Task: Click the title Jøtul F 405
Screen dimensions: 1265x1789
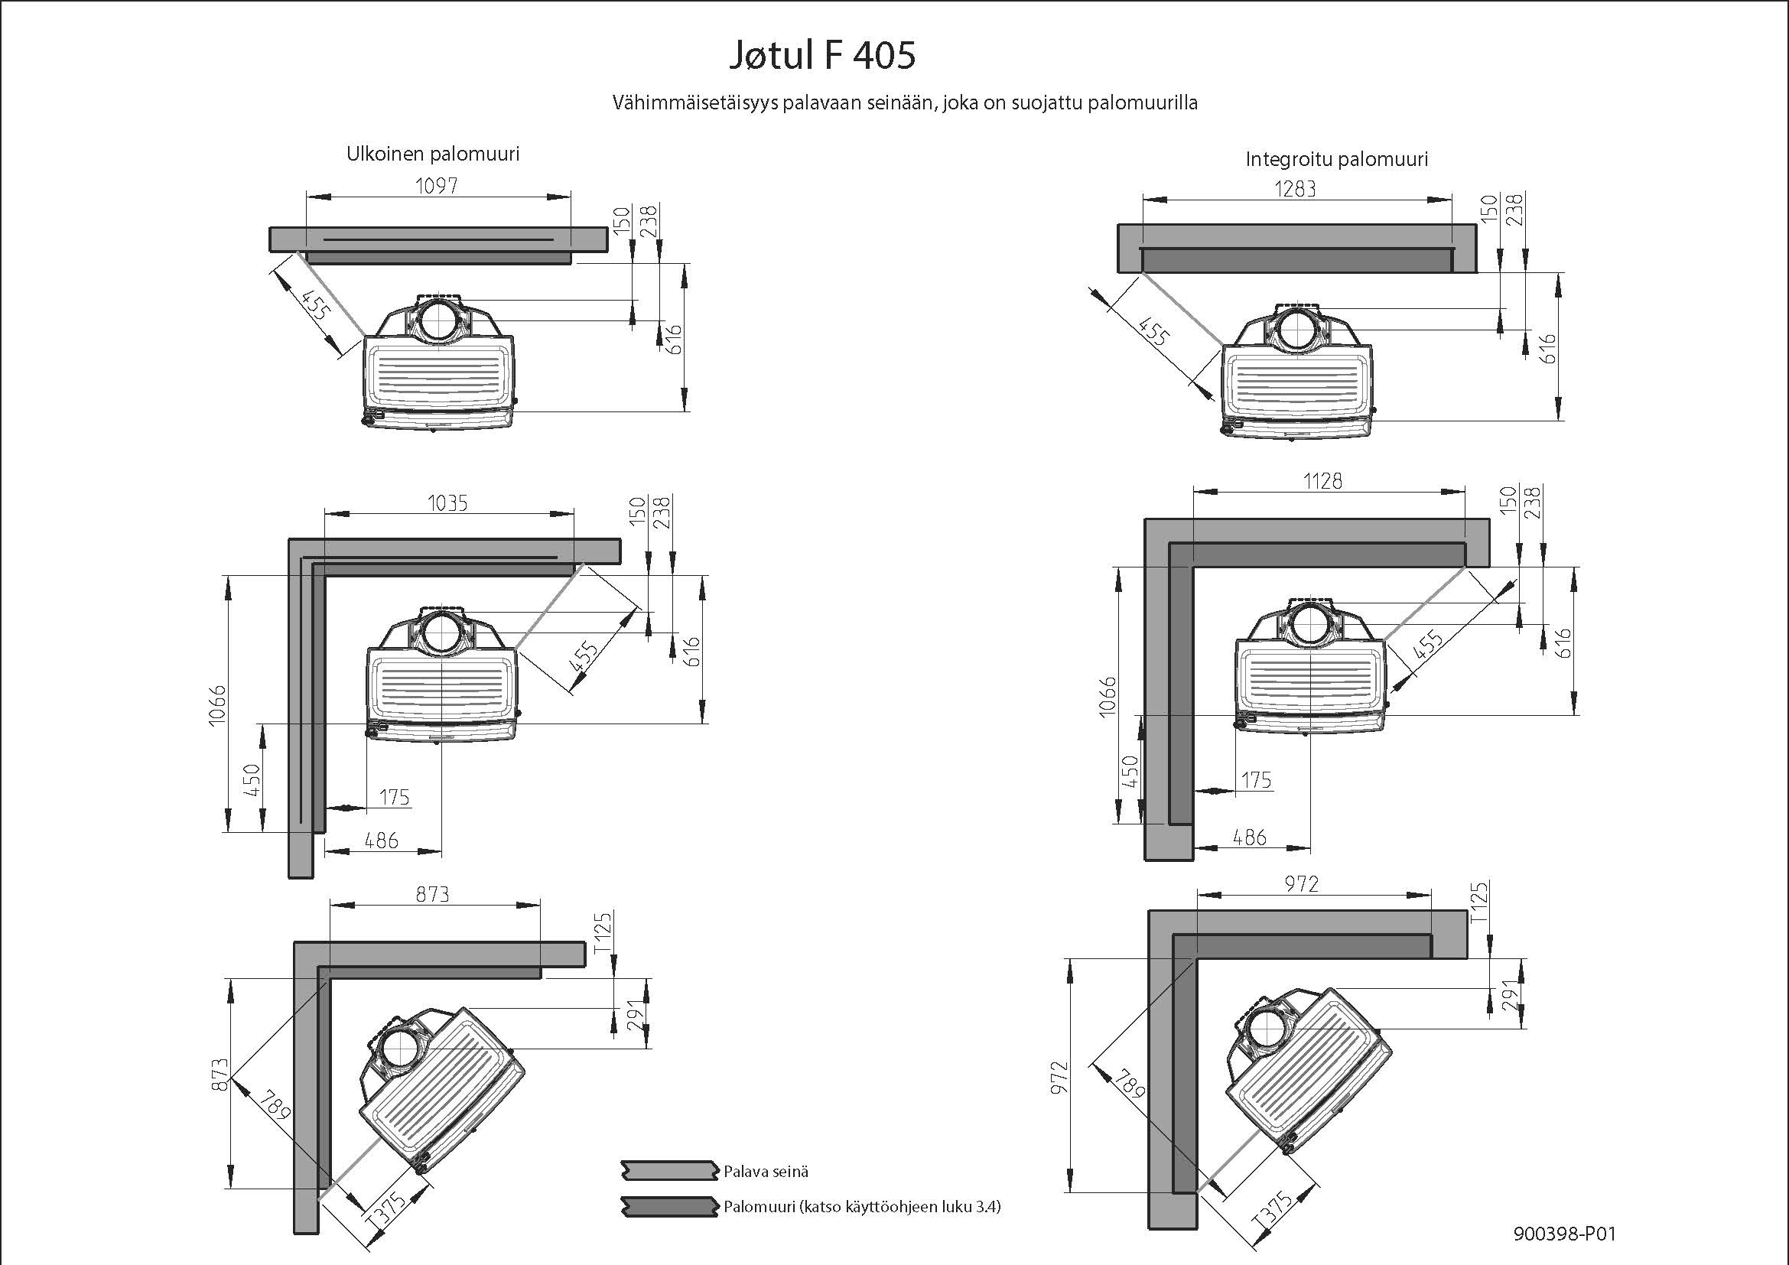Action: pyautogui.click(x=822, y=56)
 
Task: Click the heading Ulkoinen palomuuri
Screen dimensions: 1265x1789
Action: pyautogui.click(x=432, y=154)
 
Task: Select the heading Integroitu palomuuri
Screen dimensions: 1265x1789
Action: pyautogui.click(x=1336, y=160)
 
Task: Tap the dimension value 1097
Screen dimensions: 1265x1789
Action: pyautogui.click(x=436, y=185)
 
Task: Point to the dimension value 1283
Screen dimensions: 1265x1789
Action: pyautogui.click(x=1295, y=188)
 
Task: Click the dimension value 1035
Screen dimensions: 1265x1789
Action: pyautogui.click(x=447, y=503)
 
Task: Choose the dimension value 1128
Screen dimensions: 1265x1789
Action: pyautogui.click(x=1322, y=480)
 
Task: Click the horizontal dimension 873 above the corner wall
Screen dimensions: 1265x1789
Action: pyautogui.click(x=432, y=894)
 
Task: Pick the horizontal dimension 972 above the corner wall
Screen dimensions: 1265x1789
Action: pyautogui.click(x=1301, y=884)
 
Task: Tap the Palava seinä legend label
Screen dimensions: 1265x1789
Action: pyautogui.click(x=766, y=1172)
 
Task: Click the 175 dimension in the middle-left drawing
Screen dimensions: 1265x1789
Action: pyautogui.click(x=394, y=797)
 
